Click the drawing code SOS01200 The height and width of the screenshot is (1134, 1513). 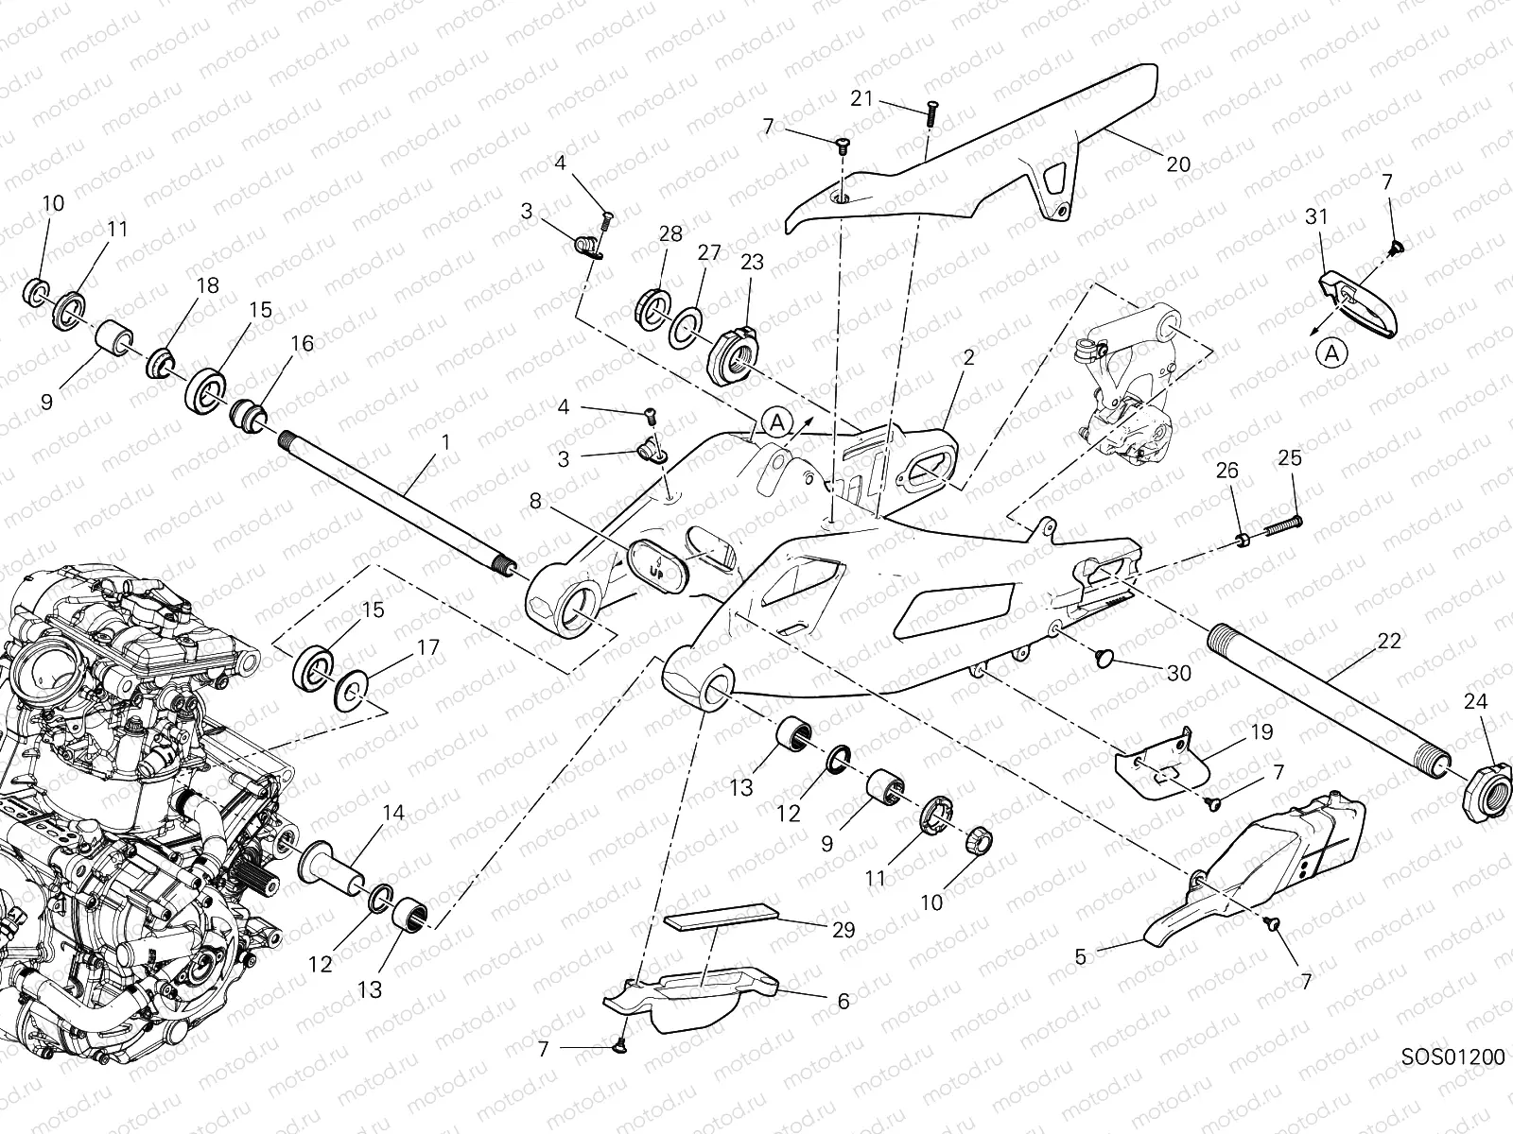pos(1452,1056)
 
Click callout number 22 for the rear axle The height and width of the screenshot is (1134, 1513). pos(1389,643)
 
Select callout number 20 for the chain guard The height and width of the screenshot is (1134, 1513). pos(1177,163)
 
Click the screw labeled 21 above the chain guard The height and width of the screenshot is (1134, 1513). pos(929,112)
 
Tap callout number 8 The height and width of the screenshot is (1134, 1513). pos(536,501)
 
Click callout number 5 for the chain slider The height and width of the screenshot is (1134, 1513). pos(1081,956)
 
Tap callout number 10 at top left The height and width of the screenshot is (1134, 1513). pos(53,204)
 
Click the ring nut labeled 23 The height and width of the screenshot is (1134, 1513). pos(736,354)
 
